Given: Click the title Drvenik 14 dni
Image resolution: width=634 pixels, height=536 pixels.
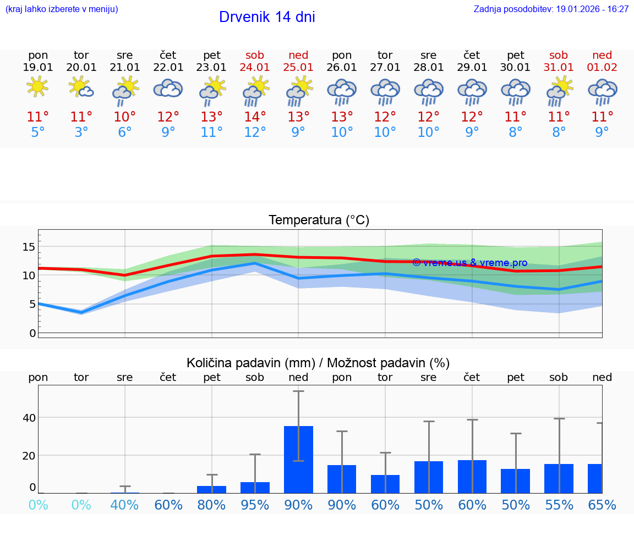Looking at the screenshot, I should tap(267, 17).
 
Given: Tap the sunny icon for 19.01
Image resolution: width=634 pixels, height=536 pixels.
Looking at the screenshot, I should tap(37, 86).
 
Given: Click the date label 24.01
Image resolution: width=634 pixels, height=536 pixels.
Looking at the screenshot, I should tap(255, 68).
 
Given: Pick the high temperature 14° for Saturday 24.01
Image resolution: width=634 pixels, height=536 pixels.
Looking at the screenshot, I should tap(255, 117).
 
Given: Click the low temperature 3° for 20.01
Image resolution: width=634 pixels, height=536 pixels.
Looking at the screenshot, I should tap(81, 132).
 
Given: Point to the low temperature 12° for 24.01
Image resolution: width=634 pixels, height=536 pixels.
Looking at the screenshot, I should tap(255, 132).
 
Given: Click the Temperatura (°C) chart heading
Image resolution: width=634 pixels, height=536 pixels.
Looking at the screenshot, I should tap(319, 220).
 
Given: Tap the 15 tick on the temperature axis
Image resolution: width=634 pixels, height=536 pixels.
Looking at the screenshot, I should tap(29, 247).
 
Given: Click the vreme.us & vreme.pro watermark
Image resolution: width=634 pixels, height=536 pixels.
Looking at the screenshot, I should tap(469, 263).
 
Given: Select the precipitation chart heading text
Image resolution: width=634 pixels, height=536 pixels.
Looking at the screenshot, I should tap(318, 363).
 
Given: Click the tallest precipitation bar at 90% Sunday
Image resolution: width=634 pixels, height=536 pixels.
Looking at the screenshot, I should tap(298, 459).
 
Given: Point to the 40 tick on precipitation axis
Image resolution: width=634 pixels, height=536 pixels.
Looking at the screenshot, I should tap(29, 418).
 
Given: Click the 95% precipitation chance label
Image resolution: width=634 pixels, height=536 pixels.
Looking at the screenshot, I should tap(255, 505).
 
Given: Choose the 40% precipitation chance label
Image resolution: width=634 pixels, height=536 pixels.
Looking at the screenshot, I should tap(124, 505).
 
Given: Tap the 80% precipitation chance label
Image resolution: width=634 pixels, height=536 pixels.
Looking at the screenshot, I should tap(211, 505).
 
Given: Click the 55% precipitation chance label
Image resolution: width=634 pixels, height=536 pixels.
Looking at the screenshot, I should tap(559, 505).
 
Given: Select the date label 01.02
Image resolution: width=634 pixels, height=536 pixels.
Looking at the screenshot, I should tap(602, 68).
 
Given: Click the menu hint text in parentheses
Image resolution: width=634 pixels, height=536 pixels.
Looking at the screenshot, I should tap(62, 9).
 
